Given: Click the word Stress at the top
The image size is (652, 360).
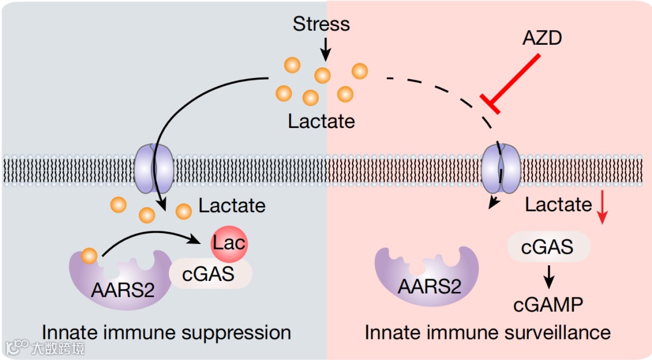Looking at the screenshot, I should pos(321,24).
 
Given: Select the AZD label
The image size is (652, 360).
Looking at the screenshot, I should pos(542,38).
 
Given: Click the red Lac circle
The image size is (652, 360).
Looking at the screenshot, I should pos(229,243).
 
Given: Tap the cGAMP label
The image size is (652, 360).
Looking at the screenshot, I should pos(548,304).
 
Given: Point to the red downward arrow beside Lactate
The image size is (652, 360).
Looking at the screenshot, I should pos(602,208).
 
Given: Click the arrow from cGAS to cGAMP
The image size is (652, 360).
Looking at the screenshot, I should pos(549,276).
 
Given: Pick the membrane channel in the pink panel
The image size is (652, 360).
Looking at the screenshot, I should pos(501,169).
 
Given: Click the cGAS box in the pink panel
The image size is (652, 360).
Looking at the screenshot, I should pos(548,246).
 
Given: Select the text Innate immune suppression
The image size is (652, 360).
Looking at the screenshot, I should pos(166,332).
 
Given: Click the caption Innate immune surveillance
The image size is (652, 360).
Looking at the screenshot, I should pos(487,332).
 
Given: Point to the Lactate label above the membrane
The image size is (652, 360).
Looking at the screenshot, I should pos(321,121).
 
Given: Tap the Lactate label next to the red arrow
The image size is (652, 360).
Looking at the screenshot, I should pos(558,205).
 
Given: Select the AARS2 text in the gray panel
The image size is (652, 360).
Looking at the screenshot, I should pos(123,290).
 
